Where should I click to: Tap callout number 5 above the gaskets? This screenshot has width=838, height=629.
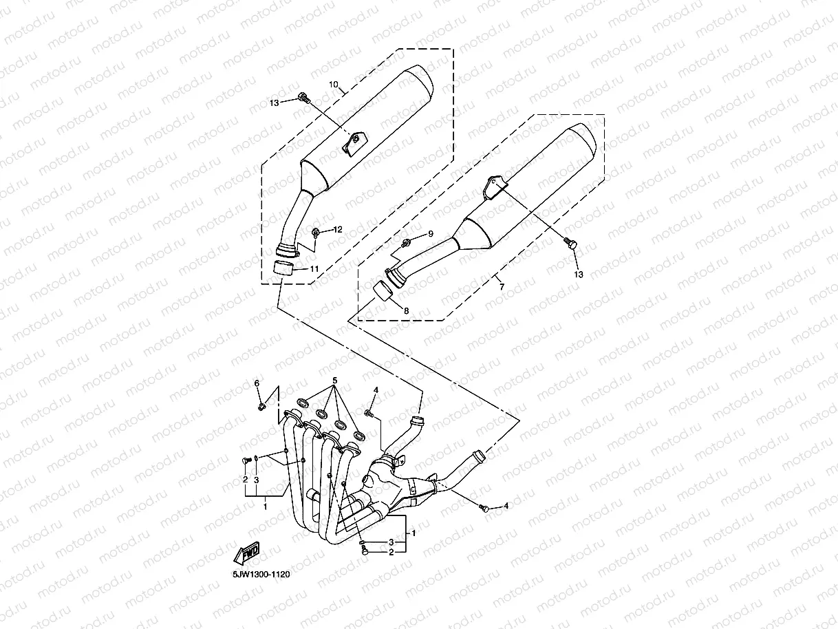[335, 381]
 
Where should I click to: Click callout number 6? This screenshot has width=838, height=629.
[257, 383]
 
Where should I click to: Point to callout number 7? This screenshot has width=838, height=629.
[502, 286]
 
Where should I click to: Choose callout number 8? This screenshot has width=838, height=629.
[406, 311]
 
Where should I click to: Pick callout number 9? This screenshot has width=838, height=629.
[431, 234]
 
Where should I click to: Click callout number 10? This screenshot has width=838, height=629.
[334, 85]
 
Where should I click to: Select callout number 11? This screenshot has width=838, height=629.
[314, 269]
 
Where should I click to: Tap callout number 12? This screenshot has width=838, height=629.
[338, 229]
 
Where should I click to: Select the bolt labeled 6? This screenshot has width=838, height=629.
[261, 407]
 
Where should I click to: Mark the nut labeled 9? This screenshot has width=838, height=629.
[407, 242]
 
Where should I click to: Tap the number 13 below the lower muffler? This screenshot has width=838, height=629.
[579, 275]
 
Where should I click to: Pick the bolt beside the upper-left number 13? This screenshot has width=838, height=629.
[303, 100]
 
